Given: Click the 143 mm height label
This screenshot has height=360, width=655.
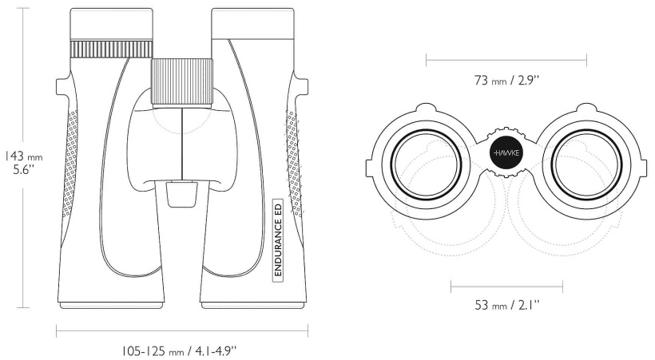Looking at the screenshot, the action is click(23, 156).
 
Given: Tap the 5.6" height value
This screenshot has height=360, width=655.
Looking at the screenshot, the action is click(23, 170).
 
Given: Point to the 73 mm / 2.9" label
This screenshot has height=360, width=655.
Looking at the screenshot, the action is click(506, 80).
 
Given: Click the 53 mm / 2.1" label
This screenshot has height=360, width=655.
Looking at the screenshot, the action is click(506, 305).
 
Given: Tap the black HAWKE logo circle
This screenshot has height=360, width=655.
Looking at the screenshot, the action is click(506, 152).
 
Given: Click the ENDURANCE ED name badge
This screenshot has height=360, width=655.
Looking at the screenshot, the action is click(278, 239).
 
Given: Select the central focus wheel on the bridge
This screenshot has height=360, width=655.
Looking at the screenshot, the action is click(182, 82).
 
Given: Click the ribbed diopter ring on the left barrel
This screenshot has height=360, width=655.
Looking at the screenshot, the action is click(112, 49).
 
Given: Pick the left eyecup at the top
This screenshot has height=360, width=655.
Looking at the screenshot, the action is click(112, 24).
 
